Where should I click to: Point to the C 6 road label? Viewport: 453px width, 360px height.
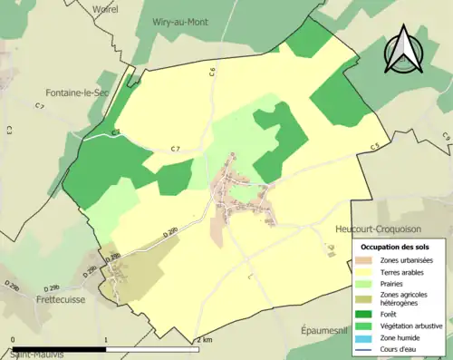tap(212, 72)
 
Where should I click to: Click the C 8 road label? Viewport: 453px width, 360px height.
tap(447, 138)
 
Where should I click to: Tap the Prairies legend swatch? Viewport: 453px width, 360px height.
tap(363, 281)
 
